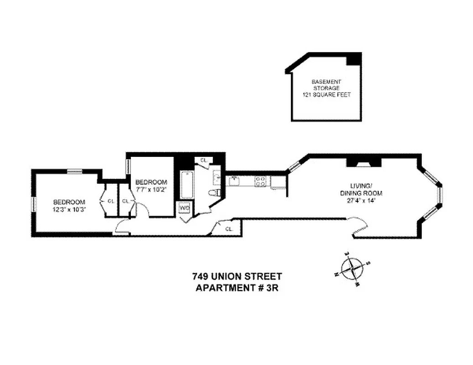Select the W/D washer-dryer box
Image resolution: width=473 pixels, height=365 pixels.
185,209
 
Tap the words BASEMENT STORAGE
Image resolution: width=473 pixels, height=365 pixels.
326,84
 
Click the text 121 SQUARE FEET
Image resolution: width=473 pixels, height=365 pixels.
326,94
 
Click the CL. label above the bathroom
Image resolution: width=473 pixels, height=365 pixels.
204,160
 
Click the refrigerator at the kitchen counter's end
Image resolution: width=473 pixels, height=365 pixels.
278,182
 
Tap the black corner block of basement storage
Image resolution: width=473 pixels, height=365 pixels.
354,59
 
